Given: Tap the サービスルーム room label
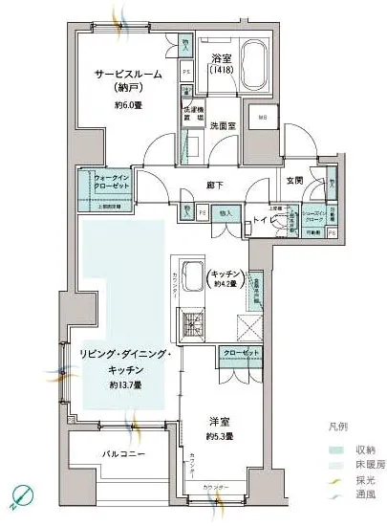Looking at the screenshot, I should point(127,75).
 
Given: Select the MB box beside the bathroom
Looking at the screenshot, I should point(260,119).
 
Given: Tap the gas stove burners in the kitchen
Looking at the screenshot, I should point(191,325).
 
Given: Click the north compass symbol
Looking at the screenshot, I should point(22,497).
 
